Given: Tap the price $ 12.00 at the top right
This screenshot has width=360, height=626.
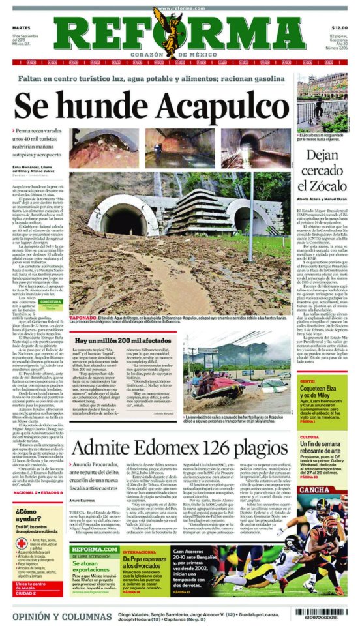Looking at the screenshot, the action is click(338, 28).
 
